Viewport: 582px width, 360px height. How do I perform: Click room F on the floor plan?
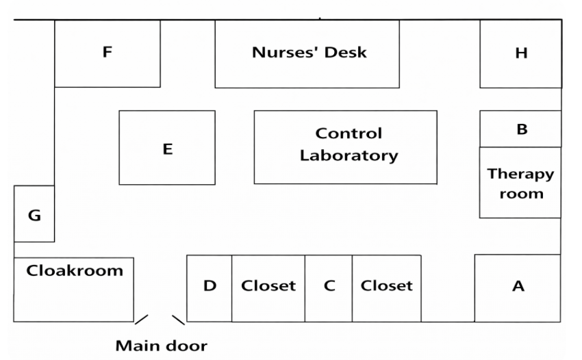[x=107, y=54]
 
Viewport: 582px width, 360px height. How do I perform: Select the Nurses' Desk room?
[x=307, y=54]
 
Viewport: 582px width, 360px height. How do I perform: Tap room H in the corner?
[x=521, y=54]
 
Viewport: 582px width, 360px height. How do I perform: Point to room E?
[x=167, y=147]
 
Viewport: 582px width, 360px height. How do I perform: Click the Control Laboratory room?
[x=346, y=147]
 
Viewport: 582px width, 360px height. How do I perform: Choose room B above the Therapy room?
[x=520, y=129]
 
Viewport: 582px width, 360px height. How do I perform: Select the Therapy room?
[x=520, y=182]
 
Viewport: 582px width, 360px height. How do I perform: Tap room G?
[x=34, y=214]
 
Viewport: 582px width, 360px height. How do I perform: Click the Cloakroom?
[x=74, y=290]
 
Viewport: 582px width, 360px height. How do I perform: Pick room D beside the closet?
[x=210, y=288]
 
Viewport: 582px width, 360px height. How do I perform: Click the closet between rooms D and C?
[x=268, y=288]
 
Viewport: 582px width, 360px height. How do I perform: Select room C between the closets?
[x=329, y=288]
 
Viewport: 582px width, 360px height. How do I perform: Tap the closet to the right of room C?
[x=387, y=288]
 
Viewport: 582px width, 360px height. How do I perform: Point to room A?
[x=518, y=288]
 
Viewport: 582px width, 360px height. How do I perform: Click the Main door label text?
[x=162, y=346]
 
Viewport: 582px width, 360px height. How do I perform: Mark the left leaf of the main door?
[x=142, y=320]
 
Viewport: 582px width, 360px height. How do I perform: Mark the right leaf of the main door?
[x=179, y=320]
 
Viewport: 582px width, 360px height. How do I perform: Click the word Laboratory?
[x=349, y=156]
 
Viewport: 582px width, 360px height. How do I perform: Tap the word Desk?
[x=346, y=52]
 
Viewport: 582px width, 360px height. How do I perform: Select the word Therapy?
[x=521, y=175]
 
